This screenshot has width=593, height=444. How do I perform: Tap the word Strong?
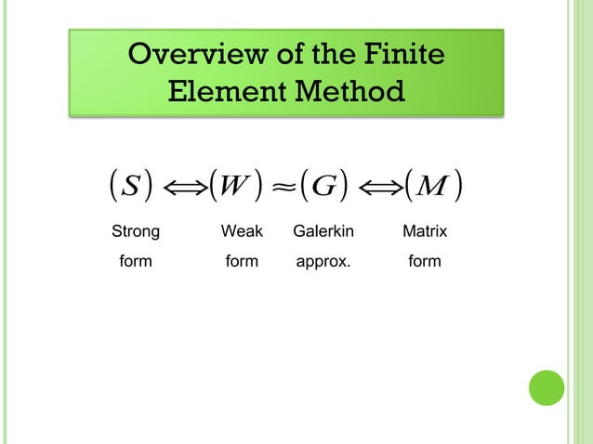click(x=136, y=229)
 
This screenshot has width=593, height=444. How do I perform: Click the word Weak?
click(x=242, y=229)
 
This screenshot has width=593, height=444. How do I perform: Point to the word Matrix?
click(x=425, y=229)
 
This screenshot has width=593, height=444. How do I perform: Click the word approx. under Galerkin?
click(x=323, y=263)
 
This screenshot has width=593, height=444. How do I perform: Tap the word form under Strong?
click(x=136, y=262)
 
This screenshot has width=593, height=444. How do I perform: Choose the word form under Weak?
click(x=242, y=262)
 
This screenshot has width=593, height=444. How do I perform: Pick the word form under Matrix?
click(x=425, y=262)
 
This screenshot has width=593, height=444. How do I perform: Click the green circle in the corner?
click(x=547, y=387)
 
